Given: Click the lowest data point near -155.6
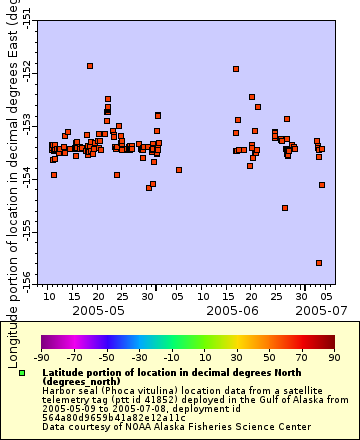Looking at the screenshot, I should [x=319, y=263].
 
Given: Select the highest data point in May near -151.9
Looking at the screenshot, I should [x=90, y=66].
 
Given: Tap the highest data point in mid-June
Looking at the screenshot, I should [x=236, y=69].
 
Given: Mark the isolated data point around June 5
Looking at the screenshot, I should [x=179, y=170].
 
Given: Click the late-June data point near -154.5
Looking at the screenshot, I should [x=285, y=208].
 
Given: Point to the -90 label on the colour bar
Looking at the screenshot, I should [x=41, y=356].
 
